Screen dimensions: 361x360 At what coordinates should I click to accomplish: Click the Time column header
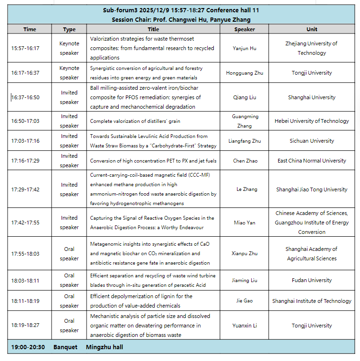[x=30, y=29]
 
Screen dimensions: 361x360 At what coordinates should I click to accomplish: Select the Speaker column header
[x=245, y=29]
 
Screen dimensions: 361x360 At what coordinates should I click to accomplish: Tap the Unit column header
[x=312, y=29]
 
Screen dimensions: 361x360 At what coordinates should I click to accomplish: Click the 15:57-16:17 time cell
[x=26, y=48]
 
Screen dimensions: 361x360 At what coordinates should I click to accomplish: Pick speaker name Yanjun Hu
[x=245, y=48]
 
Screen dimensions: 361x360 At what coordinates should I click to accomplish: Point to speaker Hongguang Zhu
[x=245, y=73]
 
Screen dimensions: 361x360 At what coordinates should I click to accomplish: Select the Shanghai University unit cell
[x=312, y=97]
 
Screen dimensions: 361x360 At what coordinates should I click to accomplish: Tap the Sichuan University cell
[x=312, y=141]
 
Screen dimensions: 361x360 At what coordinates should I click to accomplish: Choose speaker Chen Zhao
[x=245, y=161]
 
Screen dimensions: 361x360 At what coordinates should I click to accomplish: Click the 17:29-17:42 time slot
[x=26, y=189]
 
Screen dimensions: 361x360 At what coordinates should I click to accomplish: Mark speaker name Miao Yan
[x=245, y=223]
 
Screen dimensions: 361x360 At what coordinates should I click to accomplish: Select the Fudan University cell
[x=312, y=280]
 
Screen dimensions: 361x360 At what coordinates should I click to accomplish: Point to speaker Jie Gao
[x=245, y=301]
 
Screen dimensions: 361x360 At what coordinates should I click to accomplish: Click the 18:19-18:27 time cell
[x=26, y=326]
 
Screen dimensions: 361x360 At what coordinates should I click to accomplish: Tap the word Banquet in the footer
[x=65, y=347]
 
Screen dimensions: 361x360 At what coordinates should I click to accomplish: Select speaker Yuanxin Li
[x=245, y=326]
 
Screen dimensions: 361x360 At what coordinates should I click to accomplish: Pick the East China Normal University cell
[x=312, y=161]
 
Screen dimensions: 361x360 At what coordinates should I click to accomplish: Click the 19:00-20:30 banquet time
[x=28, y=347]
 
